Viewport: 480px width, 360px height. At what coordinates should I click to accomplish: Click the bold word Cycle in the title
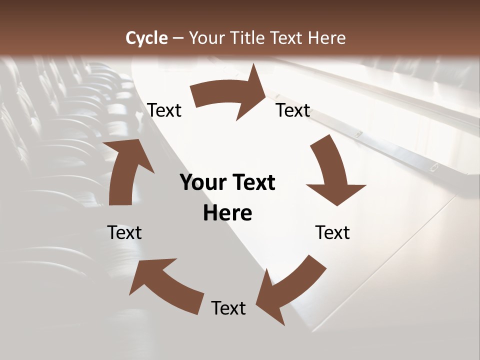(146, 38)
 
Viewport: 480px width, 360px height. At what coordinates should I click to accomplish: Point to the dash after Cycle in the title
(178, 38)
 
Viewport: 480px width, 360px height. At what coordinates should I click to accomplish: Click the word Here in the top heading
(327, 38)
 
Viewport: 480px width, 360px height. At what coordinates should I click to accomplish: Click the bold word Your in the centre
(203, 183)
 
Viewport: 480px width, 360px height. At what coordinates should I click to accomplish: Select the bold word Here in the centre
(227, 213)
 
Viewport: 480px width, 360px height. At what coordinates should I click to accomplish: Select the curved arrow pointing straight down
(332, 172)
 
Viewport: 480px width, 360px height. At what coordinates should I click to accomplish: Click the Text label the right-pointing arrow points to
(293, 110)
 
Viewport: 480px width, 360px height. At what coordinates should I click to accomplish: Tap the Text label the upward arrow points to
(164, 110)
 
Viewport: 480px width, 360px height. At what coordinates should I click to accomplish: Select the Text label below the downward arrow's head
(332, 232)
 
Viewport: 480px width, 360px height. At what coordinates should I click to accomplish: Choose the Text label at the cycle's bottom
(228, 308)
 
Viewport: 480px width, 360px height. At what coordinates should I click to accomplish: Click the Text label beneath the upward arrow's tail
(124, 232)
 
